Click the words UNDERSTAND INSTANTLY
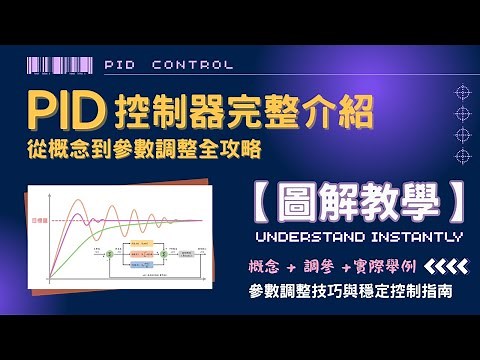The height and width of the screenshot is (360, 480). [x=359, y=238]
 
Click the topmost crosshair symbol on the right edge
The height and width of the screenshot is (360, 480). [x=462, y=89]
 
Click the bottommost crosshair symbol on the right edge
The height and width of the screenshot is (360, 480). [x=462, y=156]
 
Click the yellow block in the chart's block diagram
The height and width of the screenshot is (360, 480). [x=137, y=243]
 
